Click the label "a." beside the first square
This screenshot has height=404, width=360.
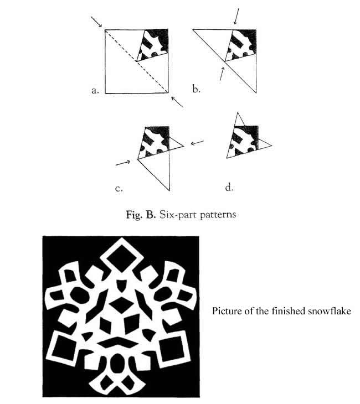click(95, 91)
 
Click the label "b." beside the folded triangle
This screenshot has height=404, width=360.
click(196, 89)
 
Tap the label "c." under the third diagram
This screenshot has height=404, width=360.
click(119, 189)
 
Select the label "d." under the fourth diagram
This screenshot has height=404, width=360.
click(229, 187)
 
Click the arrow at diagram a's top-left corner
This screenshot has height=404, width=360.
click(97, 22)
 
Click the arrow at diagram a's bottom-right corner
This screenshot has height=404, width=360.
click(177, 101)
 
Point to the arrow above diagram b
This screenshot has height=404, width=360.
click(236, 16)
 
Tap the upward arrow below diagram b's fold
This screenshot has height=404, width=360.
click(222, 73)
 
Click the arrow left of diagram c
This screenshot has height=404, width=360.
click(124, 163)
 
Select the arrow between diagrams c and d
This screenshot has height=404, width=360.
click(197, 142)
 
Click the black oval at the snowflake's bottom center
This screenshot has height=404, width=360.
click(117, 363)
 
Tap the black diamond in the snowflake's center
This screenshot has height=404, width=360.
click(121, 305)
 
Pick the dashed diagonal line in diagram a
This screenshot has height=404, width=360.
click(136, 61)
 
